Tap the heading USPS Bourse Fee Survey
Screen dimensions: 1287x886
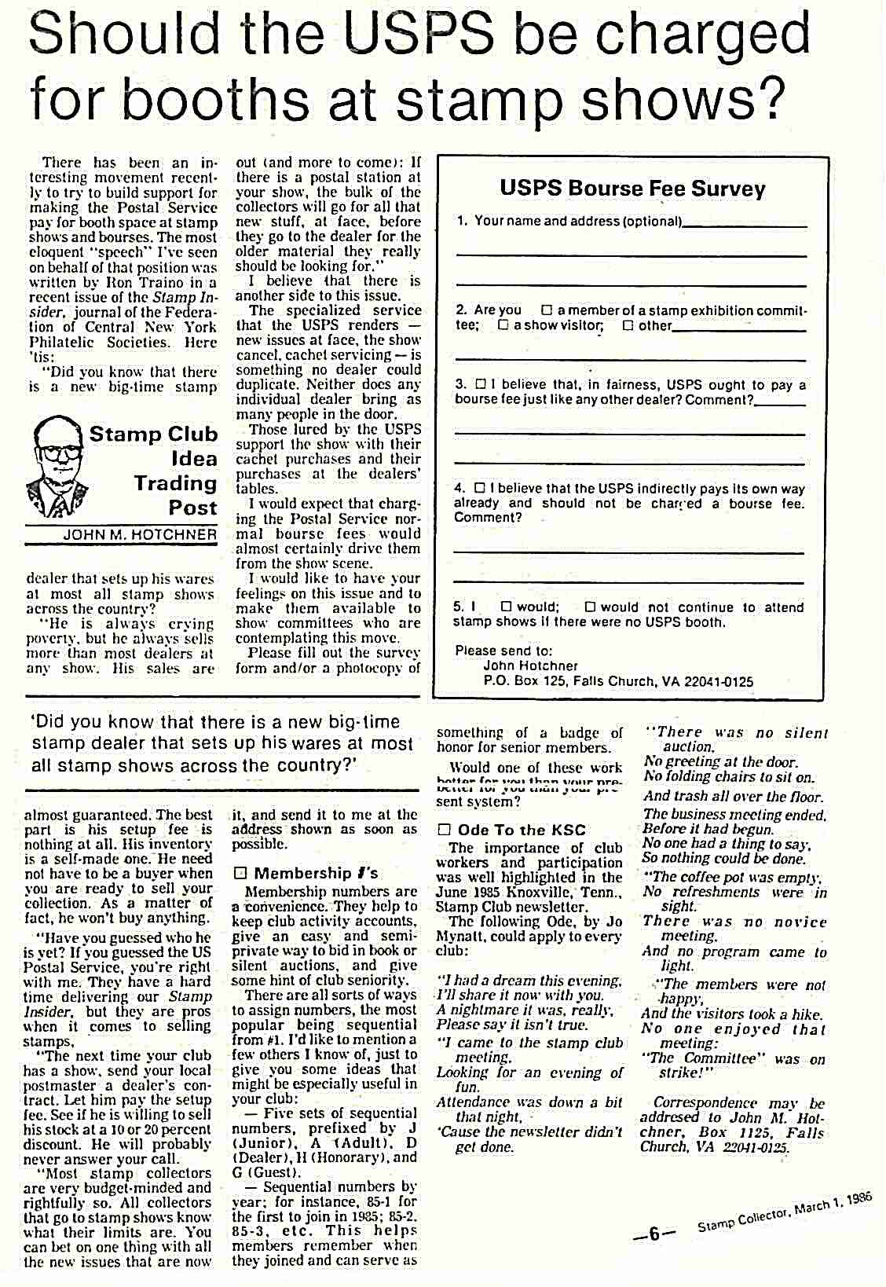632,189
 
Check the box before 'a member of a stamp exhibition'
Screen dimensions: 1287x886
547,310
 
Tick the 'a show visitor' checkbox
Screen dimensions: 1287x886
503,325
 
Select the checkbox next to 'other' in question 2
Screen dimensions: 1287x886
628,325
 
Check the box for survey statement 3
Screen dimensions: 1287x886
481,385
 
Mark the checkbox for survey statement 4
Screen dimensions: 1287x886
480,489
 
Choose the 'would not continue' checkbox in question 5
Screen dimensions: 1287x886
590,607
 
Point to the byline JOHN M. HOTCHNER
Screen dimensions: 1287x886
140,535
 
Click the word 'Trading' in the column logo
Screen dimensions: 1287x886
174,483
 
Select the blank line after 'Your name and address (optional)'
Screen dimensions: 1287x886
745,224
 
